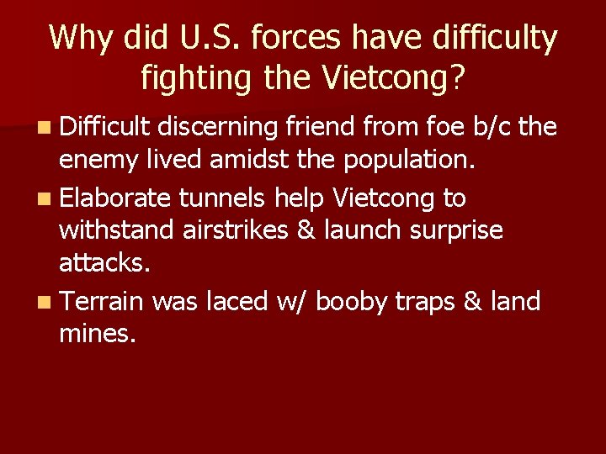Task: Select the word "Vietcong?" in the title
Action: click(x=394, y=78)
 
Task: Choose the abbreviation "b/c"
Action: click(x=491, y=127)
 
